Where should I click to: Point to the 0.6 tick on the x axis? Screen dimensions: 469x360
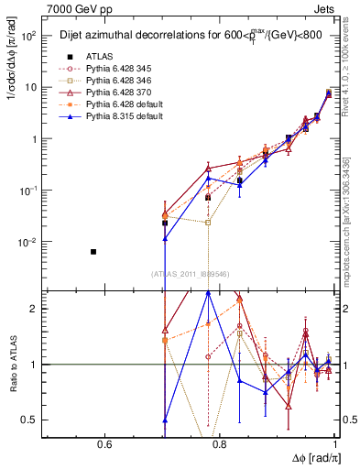(x=104, y=447)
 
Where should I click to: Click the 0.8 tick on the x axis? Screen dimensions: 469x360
(x=221, y=447)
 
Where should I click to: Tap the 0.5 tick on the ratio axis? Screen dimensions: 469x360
(x=34, y=420)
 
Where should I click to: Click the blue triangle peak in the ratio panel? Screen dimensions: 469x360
(x=209, y=292)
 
